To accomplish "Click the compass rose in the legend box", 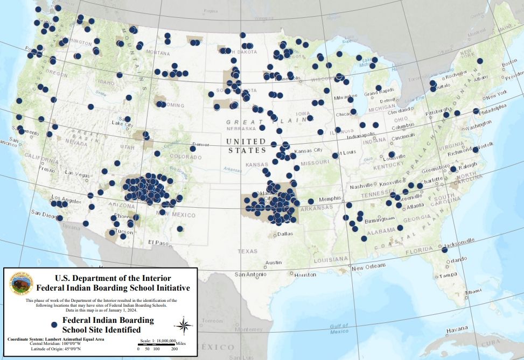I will click(x=184, y=325).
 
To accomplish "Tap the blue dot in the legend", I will click(x=54, y=325).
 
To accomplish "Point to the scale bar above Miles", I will click(x=156, y=344).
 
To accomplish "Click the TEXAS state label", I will click(x=248, y=251).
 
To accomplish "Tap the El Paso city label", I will click(x=158, y=242).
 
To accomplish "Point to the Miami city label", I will click(x=473, y=291).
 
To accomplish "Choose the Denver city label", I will click(x=200, y=144).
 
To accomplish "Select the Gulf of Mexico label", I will click(x=340, y=328).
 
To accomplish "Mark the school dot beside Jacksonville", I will click(x=445, y=250).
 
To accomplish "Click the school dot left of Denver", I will click(x=192, y=149).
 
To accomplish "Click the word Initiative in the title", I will click(x=169, y=287).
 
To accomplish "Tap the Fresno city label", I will click(x=47, y=170).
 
